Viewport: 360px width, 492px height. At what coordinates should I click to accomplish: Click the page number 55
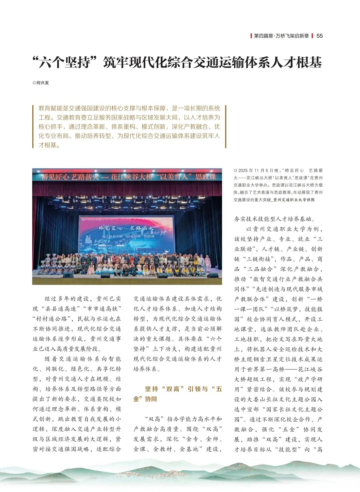click(x=319, y=36)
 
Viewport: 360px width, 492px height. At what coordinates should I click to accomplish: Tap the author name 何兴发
click(x=42, y=83)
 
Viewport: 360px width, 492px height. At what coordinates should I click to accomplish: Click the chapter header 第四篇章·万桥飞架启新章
click(x=281, y=36)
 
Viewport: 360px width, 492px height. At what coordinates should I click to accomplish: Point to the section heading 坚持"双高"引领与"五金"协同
click(x=177, y=394)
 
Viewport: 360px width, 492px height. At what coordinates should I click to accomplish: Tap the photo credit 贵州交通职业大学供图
click(x=294, y=200)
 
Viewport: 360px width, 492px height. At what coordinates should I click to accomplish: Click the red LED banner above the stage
click(x=127, y=177)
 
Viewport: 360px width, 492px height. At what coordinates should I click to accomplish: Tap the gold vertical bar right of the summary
click(x=225, y=126)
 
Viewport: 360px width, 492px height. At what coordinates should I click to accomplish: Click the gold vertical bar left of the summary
click(x=33, y=126)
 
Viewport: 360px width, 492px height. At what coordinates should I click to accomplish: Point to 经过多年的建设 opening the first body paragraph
click(x=67, y=299)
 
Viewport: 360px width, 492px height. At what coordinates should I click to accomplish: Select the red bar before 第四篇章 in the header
click(x=251, y=36)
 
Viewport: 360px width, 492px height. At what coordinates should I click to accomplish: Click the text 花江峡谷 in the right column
click(x=310, y=369)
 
